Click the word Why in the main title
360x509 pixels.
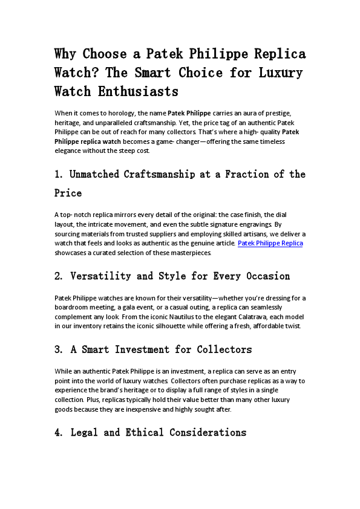coord(66,54)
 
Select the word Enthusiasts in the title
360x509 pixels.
coord(140,91)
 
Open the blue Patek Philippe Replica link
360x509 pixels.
coord(270,243)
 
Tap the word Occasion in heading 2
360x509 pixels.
coord(266,276)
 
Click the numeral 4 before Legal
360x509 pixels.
coord(57,433)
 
